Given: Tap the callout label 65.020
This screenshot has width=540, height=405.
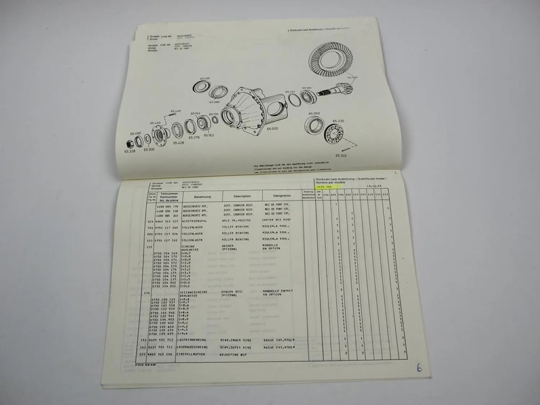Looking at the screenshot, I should (272, 128).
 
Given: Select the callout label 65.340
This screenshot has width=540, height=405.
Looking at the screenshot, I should (341, 156).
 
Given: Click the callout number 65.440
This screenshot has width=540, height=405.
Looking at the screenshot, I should (175, 111).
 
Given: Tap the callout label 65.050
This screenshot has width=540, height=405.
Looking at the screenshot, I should (314, 113).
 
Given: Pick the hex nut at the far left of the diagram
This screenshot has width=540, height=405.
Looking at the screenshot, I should (130, 144).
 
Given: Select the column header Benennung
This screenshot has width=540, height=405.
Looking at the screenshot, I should (202, 197).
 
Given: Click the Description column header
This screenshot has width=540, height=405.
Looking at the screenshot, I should (242, 196).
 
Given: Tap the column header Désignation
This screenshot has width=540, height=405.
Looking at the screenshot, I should (282, 196).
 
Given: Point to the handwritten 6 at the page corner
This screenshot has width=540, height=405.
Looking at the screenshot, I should (419, 368).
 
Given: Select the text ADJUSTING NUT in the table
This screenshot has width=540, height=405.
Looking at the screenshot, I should (234, 355).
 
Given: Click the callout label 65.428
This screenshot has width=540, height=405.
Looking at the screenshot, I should (178, 143).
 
